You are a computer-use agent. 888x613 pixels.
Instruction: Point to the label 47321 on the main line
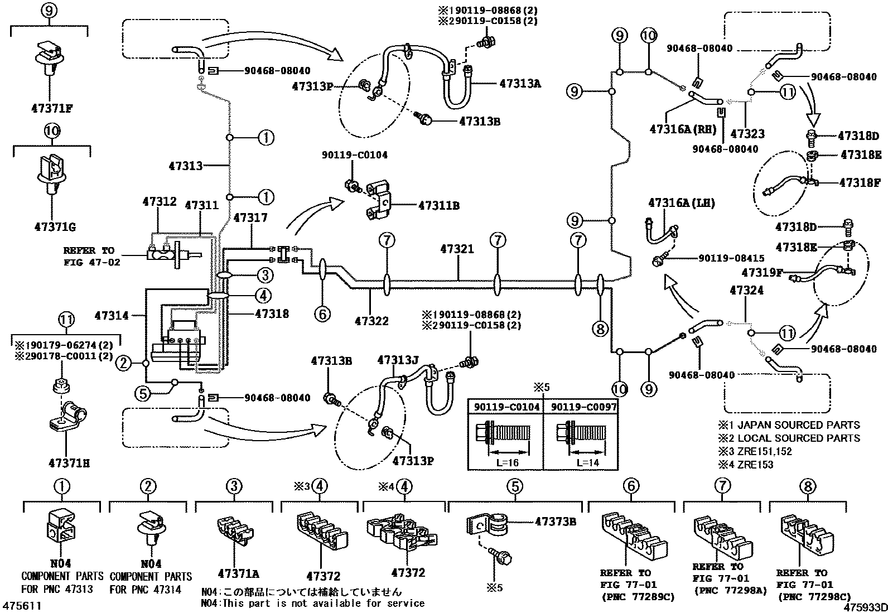click(x=457, y=249)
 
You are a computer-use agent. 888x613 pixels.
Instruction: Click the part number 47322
click(x=371, y=321)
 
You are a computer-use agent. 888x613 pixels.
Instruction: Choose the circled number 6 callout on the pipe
click(x=322, y=314)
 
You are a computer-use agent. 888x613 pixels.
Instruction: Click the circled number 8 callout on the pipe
click(x=600, y=329)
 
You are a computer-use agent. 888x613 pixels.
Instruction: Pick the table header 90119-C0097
click(x=583, y=407)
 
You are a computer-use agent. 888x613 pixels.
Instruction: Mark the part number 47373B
click(x=555, y=522)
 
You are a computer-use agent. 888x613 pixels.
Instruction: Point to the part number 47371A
click(x=238, y=573)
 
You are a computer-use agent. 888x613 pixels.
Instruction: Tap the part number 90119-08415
click(x=731, y=258)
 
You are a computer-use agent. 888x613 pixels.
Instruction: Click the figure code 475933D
click(x=865, y=606)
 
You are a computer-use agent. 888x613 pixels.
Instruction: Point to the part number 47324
click(x=746, y=290)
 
